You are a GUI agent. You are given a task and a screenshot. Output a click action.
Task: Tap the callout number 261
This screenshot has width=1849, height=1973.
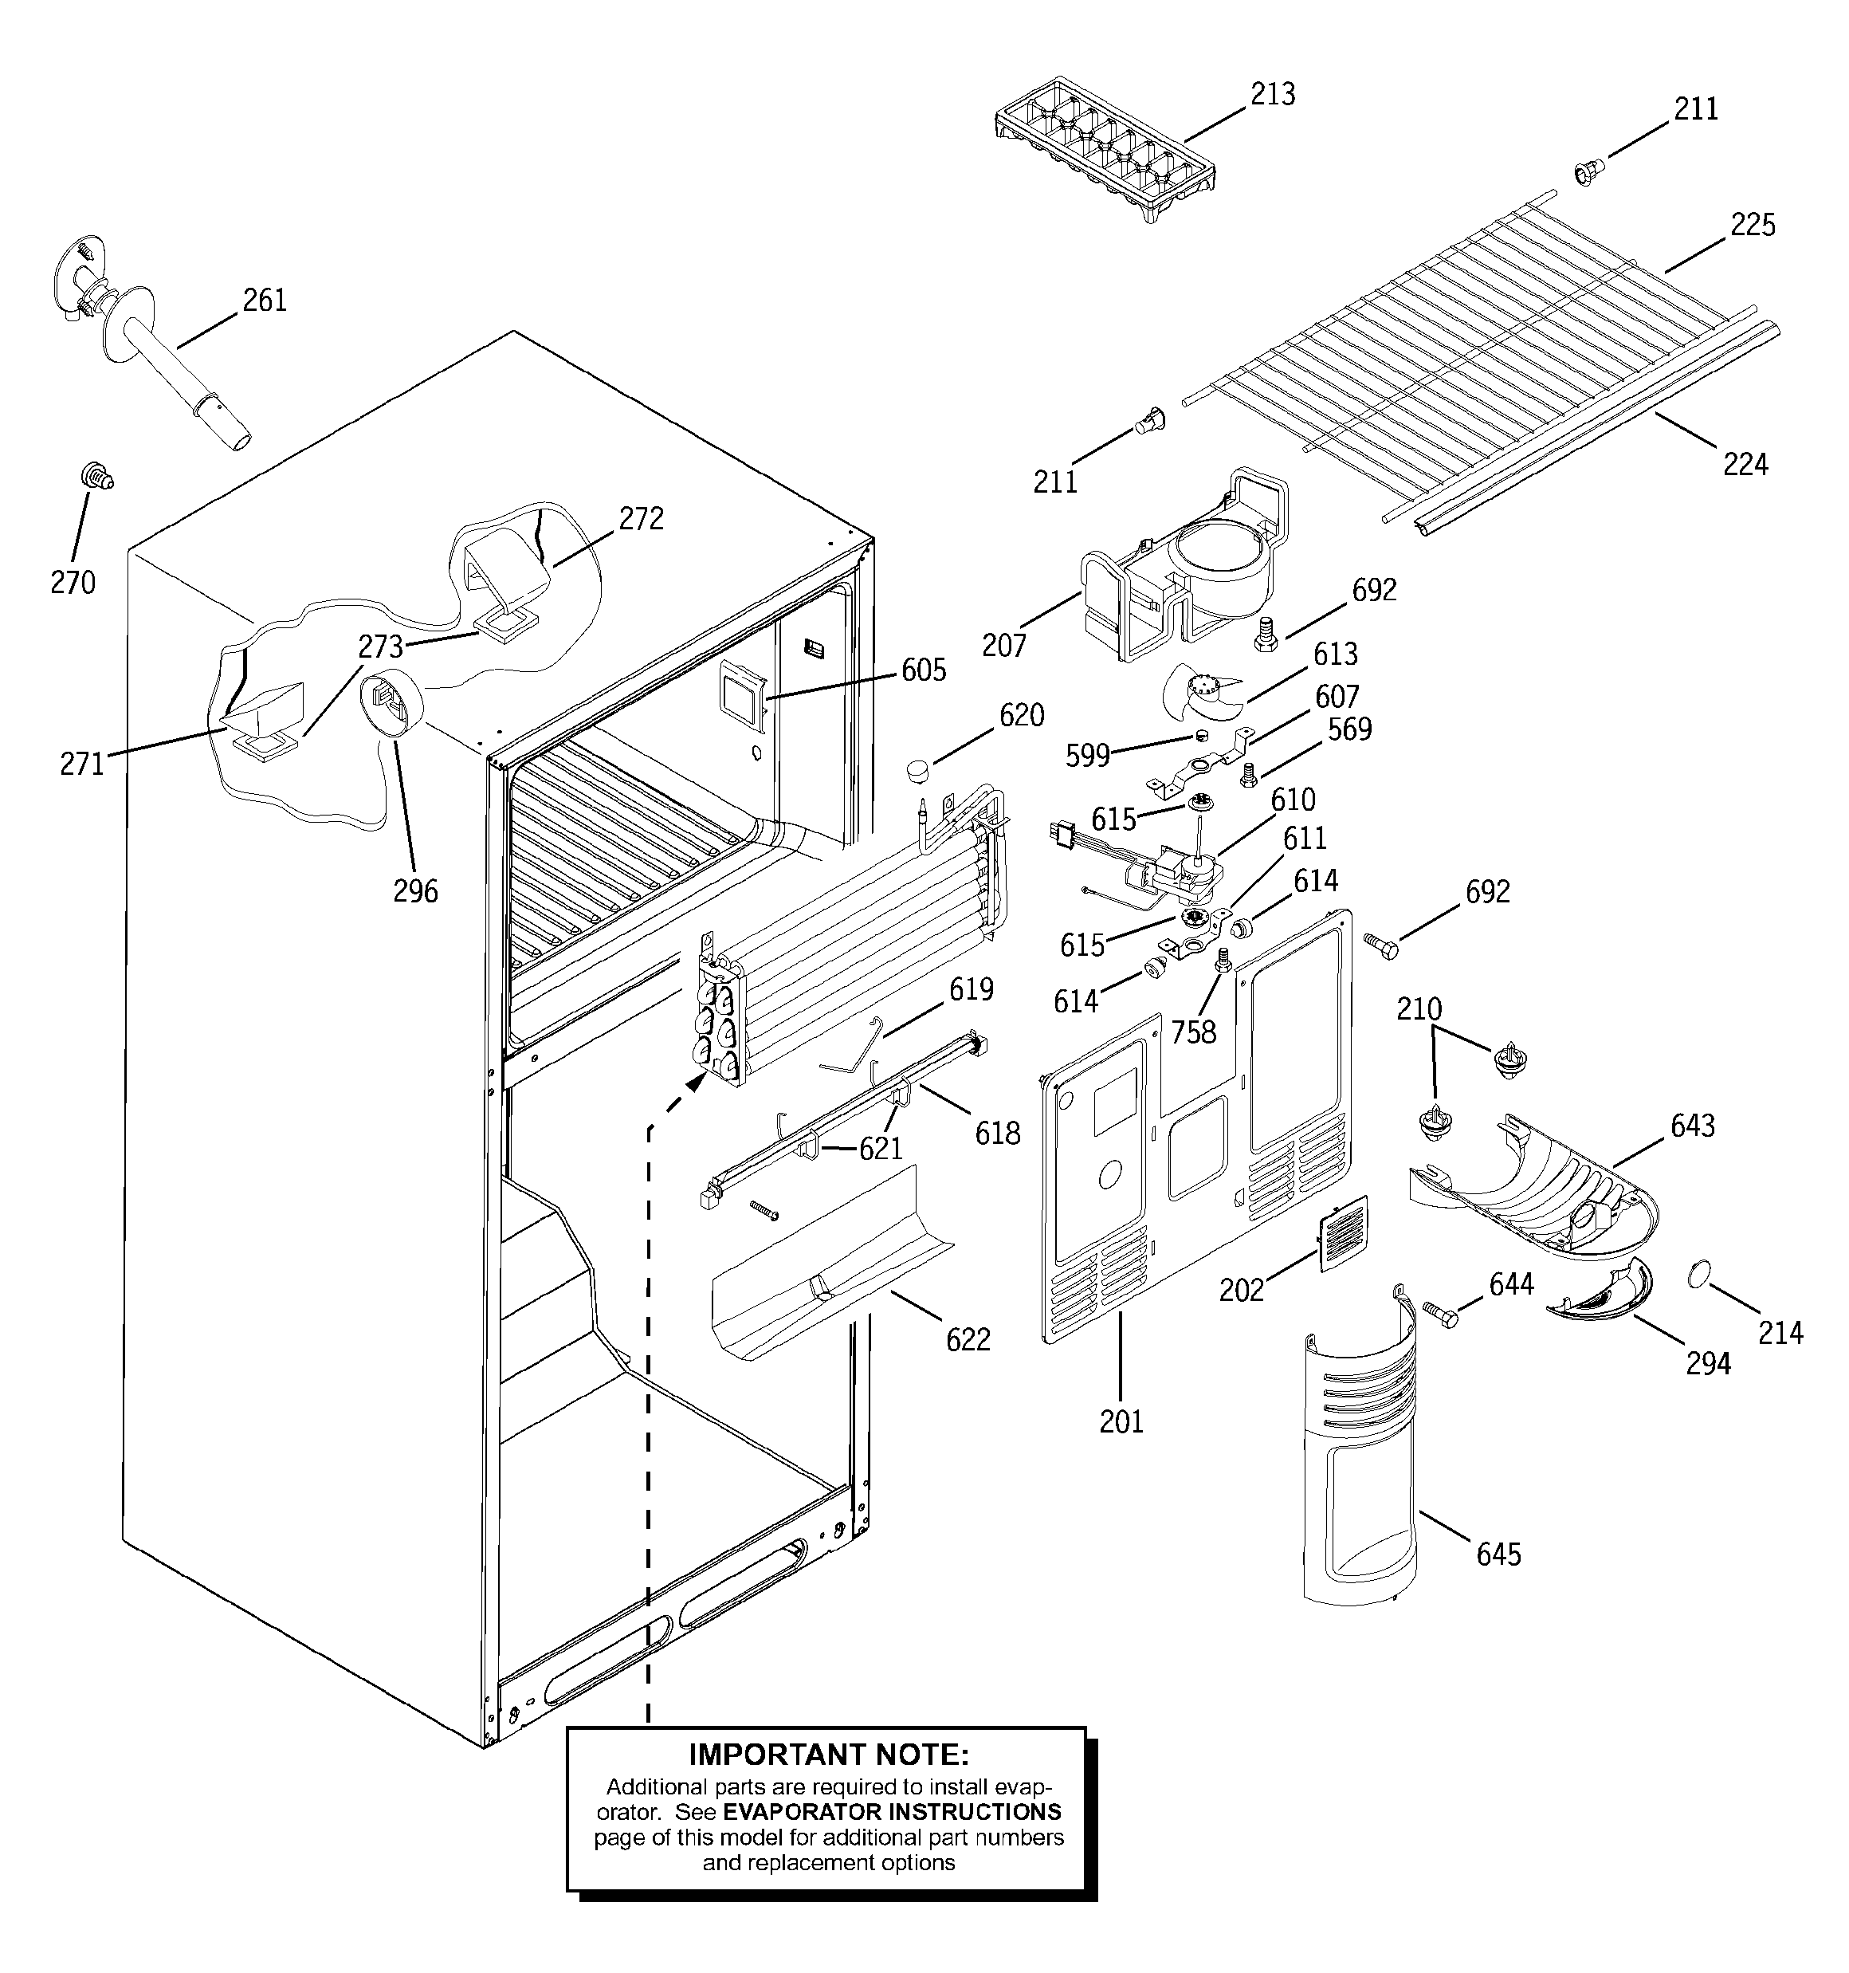pyautogui.click(x=264, y=300)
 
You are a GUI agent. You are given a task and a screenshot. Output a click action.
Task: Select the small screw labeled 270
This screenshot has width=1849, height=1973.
pyautogui.click(x=96, y=478)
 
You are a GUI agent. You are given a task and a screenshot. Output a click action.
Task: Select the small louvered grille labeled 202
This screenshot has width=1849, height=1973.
pyautogui.click(x=1343, y=1233)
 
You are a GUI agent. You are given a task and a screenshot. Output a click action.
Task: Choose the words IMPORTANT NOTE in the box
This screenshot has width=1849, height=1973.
pyautogui.click(x=828, y=1755)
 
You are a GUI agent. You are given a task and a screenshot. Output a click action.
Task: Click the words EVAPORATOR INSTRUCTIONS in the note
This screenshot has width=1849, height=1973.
pyautogui.click(x=891, y=1811)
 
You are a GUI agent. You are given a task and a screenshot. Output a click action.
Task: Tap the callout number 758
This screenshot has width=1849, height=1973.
pyautogui.click(x=1192, y=1032)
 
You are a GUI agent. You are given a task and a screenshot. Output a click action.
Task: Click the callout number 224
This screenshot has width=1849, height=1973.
pyautogui.click(x=1745, y=463)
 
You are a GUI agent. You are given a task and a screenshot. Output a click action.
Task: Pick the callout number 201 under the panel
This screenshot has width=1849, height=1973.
pyautogui.click(x=1121, y=1421)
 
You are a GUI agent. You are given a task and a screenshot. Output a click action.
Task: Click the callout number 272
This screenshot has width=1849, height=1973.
pyautogui.click(x=640, y=518)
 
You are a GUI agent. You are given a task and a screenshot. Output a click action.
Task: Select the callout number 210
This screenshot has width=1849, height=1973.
pyautogui.click(x=1419, y=1009)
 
